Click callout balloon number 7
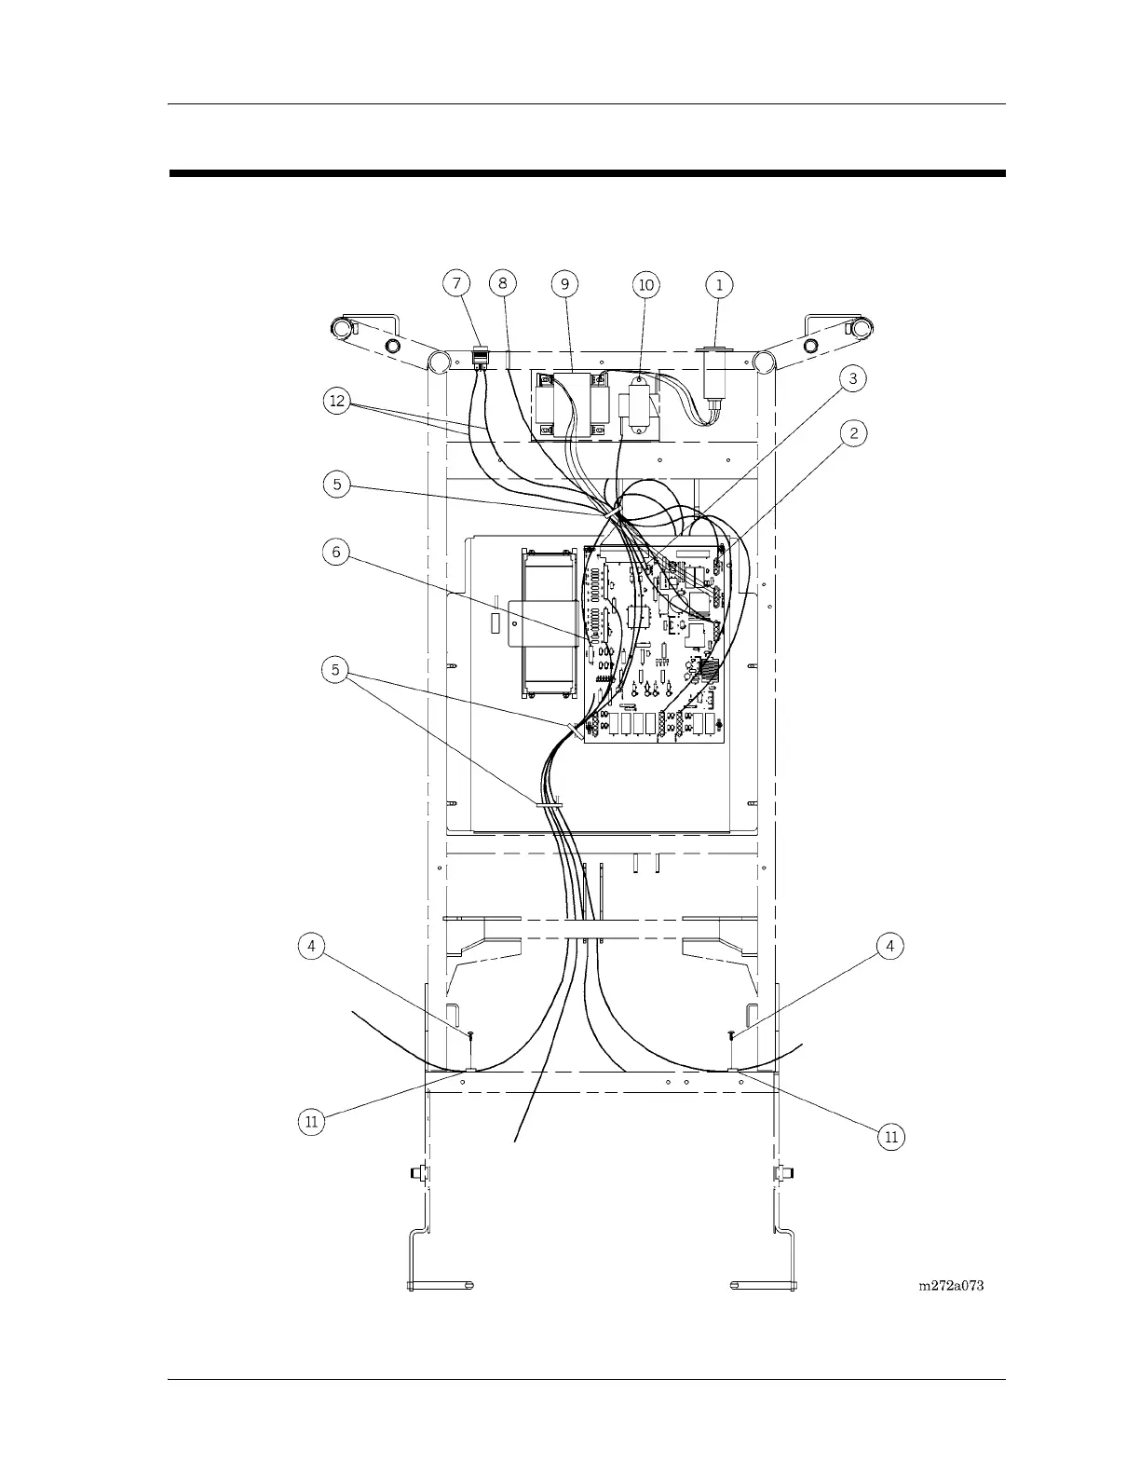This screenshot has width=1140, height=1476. coord(456,283)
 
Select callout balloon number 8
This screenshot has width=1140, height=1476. coord(502,283)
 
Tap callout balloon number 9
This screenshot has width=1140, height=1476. coord(564,283)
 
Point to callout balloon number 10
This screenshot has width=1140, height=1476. coord(645,284)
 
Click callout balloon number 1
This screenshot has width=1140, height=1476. coord(719,283)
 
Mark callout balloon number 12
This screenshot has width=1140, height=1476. coord(337,402)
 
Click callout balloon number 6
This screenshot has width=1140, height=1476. coord(337,553)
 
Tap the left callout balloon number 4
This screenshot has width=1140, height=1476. coord(311,946)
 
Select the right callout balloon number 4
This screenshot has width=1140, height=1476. coord(890,946)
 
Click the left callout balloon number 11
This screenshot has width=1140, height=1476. coord(311,1121)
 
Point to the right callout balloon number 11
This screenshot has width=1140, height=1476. coord(890,1136)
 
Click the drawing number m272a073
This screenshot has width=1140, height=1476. coord(951,1286)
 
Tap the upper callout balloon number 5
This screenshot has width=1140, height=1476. coord(337,484)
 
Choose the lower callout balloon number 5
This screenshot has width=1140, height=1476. coord(337,669)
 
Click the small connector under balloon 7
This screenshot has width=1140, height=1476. coord(481,357)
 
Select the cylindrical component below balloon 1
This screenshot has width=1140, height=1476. coord(716,382)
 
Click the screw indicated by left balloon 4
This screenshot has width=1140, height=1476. coord(471,1035)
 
